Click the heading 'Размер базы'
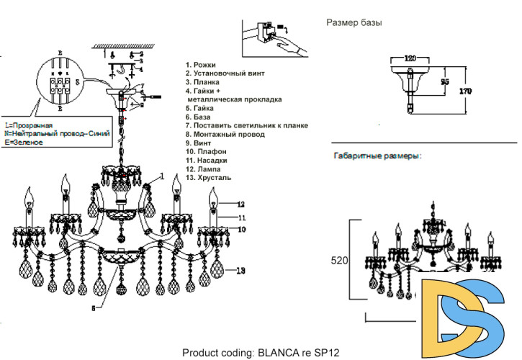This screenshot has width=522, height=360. point(354,22)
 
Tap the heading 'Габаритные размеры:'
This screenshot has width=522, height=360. point(377,156)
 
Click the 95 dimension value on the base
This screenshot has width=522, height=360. point(445,82)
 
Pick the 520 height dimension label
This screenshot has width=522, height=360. point(339,261)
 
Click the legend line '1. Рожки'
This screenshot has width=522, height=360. point(201,65)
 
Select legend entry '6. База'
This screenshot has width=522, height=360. point(198,117)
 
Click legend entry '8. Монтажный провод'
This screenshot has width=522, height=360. point(225,134)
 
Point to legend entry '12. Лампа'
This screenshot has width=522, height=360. point(203,168)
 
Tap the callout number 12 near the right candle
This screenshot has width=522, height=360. point(242,204)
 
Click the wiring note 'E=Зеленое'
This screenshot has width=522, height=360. point(23,143)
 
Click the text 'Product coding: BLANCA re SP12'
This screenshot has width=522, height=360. point(261,353)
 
